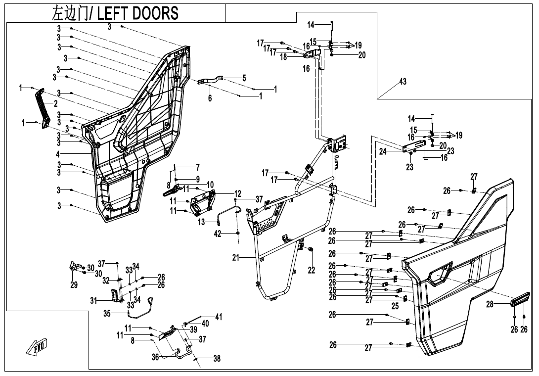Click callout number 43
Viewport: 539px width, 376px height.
pyautogui.click(x=403, y=82)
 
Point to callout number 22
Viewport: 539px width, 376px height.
pyautogui.click(x=311, y=270)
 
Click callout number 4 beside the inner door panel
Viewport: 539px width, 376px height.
pyautogui.click(x=58, y=154)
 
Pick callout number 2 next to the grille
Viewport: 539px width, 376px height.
pyautogui.click(x=55, y=103)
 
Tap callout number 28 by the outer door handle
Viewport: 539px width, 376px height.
pyautogui.click(x=490, y=305)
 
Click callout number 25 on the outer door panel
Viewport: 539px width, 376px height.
pyautogui.click(x=395, y=307)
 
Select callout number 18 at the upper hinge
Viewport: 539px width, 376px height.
pyautogui.click(x=283, y=57)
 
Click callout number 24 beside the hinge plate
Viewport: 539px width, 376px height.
pyautogui.click(x=383, y=152)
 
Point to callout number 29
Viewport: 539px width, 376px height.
pyautogui.click(x=74, y=285)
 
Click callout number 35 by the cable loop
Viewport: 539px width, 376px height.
pyautogui.click(x=107, y=313)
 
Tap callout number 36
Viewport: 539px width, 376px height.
pyautogui.click(x=156, y=357)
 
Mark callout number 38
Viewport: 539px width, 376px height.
pyautogui.click(x=217, y=360)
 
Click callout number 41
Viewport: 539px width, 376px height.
pyautogui.click(x=219, y=317)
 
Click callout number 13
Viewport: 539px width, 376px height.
pyautogui.click(x=201, y=223)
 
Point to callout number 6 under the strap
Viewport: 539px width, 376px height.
pyautogui.click(x=210, y=98)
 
